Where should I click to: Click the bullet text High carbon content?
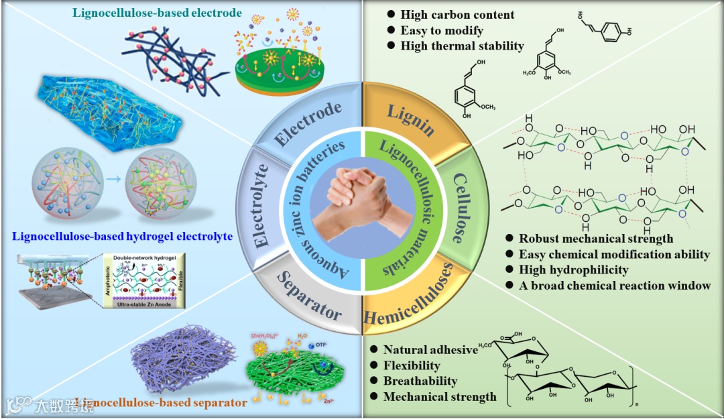[x=457, y=15]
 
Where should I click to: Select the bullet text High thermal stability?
[x=462, y=46]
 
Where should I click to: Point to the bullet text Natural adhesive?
[x=430, y=349]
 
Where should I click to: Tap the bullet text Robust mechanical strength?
[x=596, y=238]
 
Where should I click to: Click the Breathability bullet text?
[x=420, y=381]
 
